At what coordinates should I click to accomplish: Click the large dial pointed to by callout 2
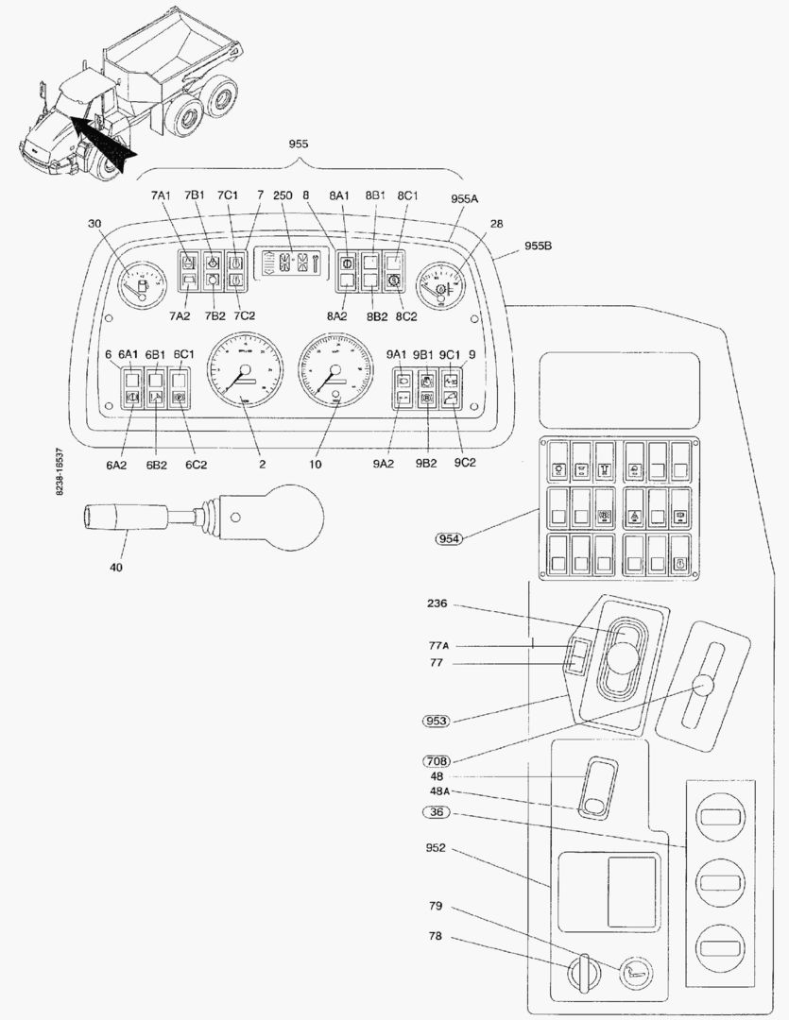(243, 369)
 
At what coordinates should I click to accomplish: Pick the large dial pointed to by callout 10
(333, 369)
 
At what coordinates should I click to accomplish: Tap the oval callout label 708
(437, 759)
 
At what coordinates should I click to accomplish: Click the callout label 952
(437, 847)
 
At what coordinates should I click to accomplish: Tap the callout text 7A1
(161, 195)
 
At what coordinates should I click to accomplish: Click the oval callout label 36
(437, 812)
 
